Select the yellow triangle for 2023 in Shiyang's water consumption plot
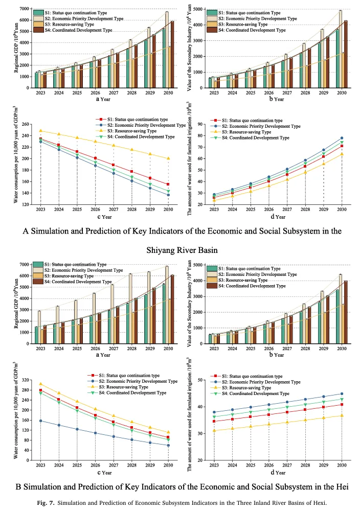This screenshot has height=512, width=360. tap(40, 131)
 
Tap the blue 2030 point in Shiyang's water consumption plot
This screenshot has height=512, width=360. tap(168, 195)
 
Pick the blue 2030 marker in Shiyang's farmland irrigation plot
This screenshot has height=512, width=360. tap(342, 138)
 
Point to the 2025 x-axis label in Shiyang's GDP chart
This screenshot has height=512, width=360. tap(76, 94)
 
